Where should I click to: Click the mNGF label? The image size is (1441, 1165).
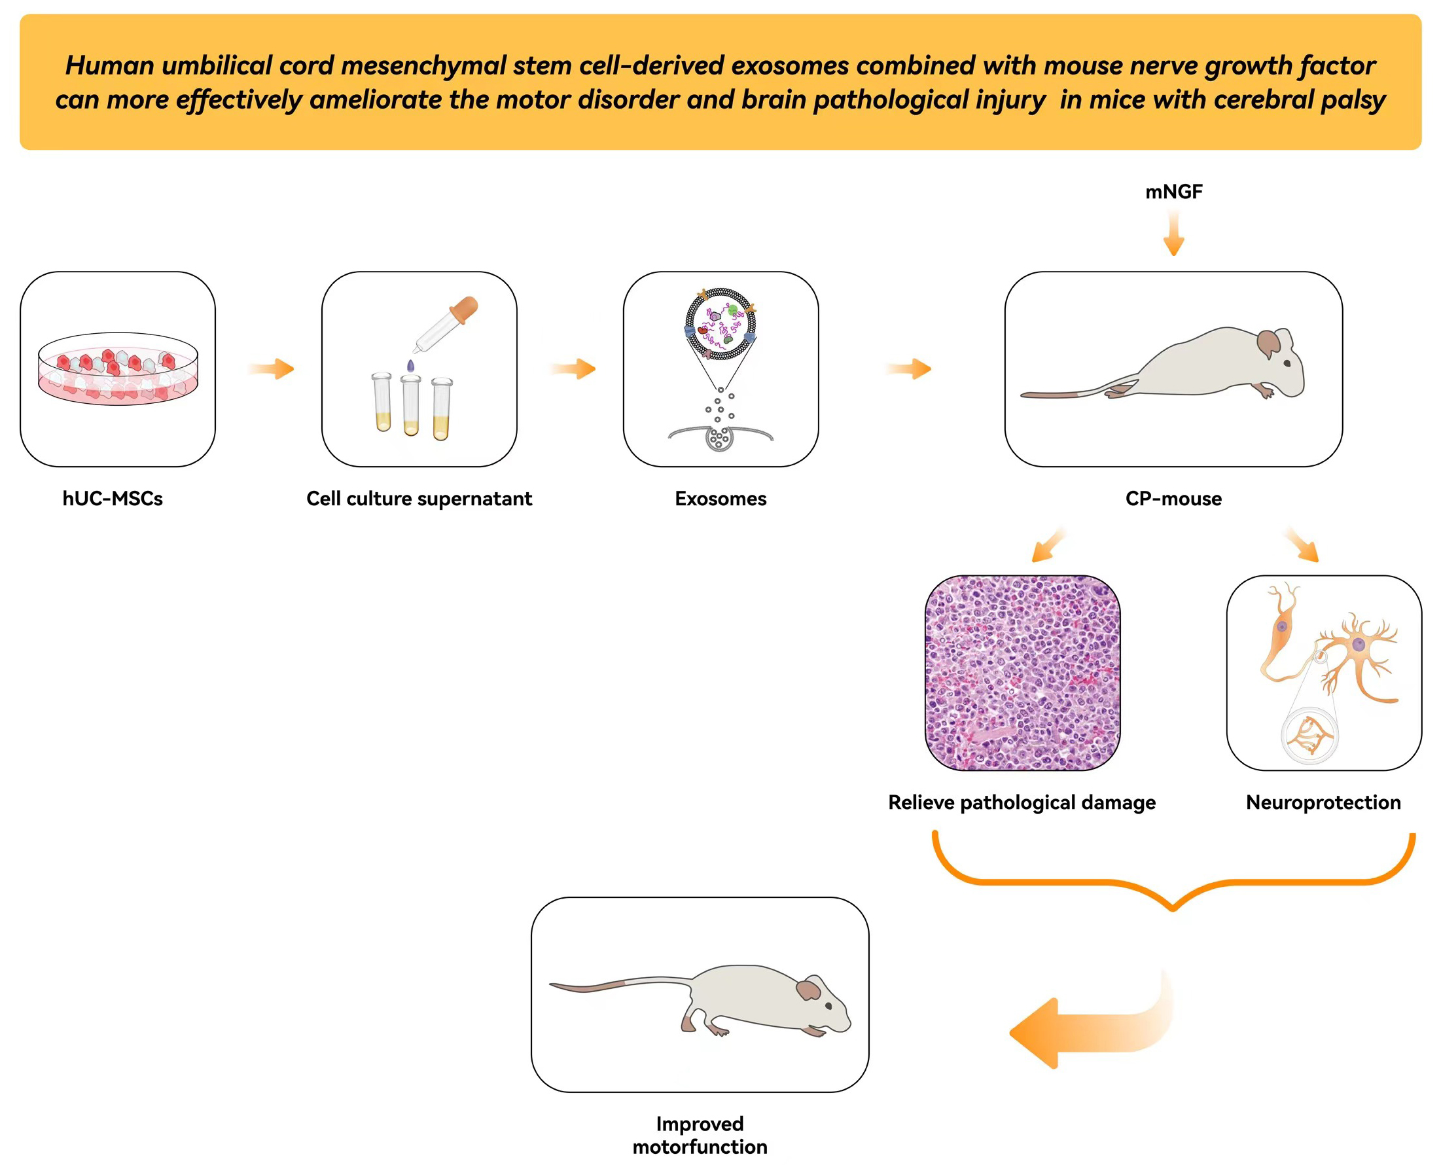[1173, 192]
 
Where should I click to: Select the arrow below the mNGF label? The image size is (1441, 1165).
[1173, 234]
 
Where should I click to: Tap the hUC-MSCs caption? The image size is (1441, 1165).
[113, 499]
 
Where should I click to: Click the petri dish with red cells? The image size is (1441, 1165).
[118, 369]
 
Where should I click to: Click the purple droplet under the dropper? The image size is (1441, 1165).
[410, 366]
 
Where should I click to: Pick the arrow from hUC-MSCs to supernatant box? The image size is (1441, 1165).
[272, 368]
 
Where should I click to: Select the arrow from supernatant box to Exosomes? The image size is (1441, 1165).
[575, 368]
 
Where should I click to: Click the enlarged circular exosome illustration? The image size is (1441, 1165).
[720, 323]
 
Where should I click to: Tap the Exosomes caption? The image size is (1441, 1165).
[720, 499]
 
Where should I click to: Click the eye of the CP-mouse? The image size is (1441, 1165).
[1287, 363]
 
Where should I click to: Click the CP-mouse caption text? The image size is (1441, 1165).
[1173, 499]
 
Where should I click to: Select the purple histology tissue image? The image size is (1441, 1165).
[1022, 672]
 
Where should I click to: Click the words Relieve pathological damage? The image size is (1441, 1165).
[1022, 802]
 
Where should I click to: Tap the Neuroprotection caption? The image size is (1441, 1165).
[1323, 802]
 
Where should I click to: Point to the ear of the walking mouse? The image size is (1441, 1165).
[808, 990]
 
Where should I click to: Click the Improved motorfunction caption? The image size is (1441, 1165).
[700, 1136]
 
